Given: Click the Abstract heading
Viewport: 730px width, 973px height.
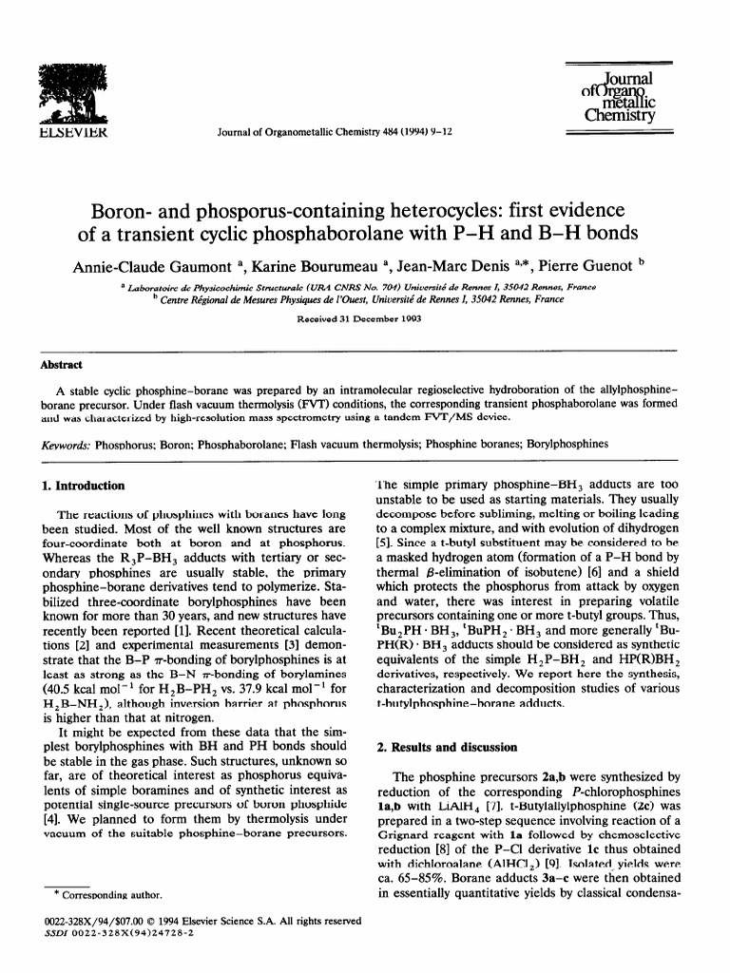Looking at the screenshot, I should coord(62,366).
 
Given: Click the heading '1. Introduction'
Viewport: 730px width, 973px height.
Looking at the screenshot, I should coord(84,486).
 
